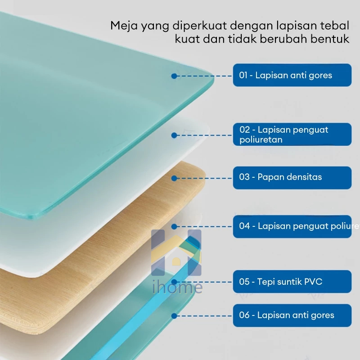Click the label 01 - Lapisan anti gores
tap(292, 75)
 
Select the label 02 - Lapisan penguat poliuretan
tap(292, 135)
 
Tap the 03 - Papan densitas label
tap(292, 177)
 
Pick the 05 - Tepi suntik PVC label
tap(292, 282)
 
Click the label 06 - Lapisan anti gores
tap(292, 315)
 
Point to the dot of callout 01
tap(174, 76)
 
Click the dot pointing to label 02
tap(174, 135)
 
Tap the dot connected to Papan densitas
tap(174, 178)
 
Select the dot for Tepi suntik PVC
tap(174, 283)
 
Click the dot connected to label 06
tap(174, 315)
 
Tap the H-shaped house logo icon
tap(176, 253)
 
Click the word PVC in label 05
tap(313, 282)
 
